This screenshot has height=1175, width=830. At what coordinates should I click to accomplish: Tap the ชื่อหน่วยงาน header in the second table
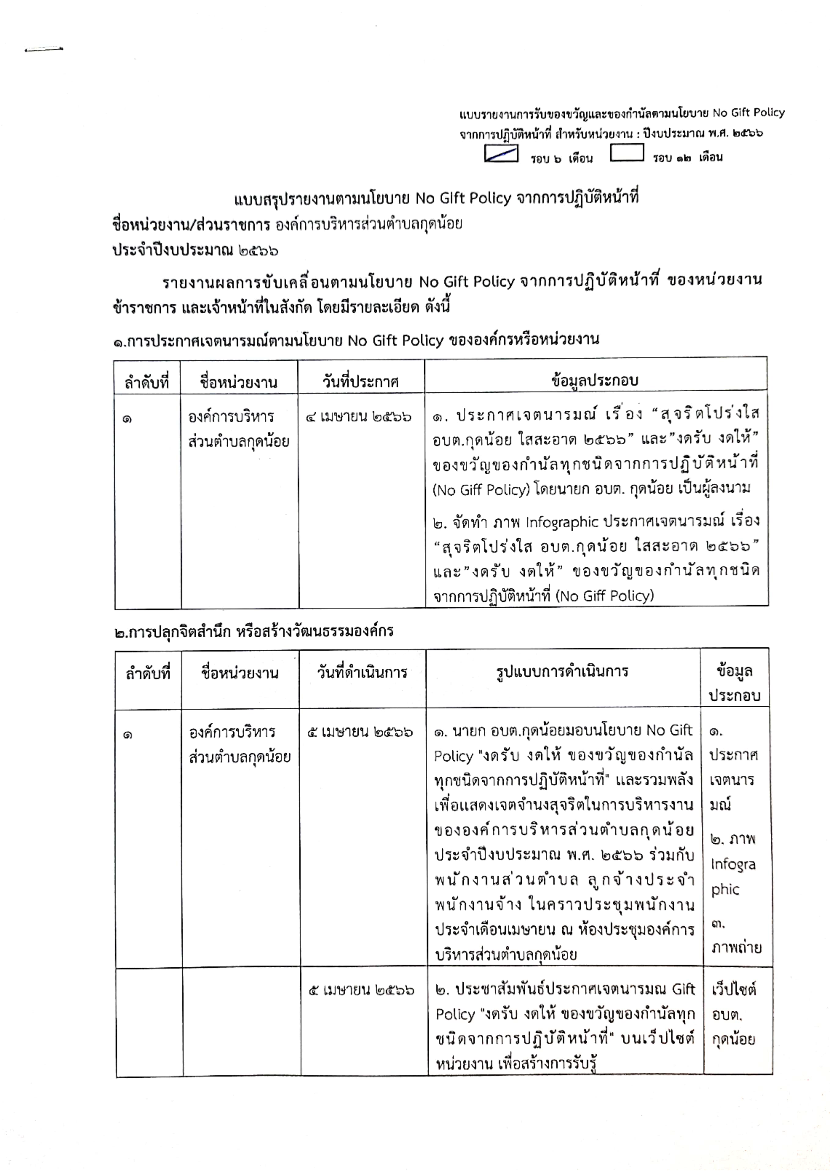(240, 672)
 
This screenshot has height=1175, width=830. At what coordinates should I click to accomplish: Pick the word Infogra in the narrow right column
(733, 864)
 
